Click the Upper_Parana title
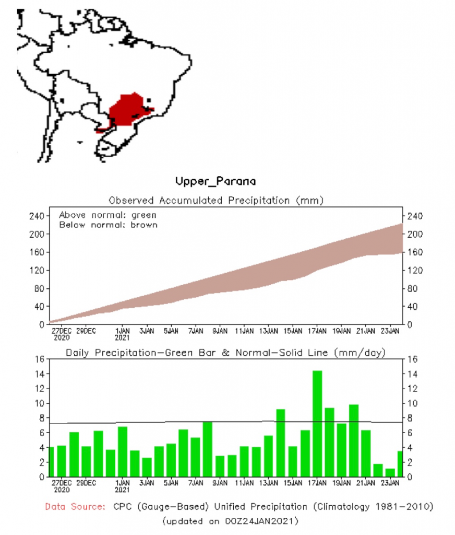coord(215,182)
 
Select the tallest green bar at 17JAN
coord(317,423)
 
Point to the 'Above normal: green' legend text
coord(107,215)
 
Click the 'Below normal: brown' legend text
coord(108,225)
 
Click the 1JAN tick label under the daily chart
coord(122,483)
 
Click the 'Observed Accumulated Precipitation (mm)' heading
coord(216,200)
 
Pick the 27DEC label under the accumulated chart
coord(61,331)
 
